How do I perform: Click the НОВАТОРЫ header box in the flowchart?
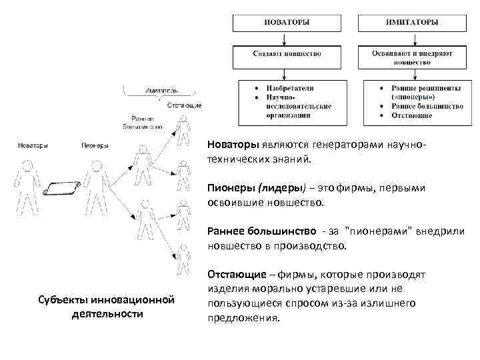pyautogui.click(x=287, y=22)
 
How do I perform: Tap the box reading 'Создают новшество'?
pyautogui.click(x=287, y=54)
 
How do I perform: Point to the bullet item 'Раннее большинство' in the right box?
pyautogui.click(x=427, y=106)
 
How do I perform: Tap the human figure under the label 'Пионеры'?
pyautogui.click(x=96, y=187)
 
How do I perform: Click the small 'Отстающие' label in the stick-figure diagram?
pyautogui.click(x=185, y=105)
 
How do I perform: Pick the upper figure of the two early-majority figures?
pyautogui.click(x=142, y=163)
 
